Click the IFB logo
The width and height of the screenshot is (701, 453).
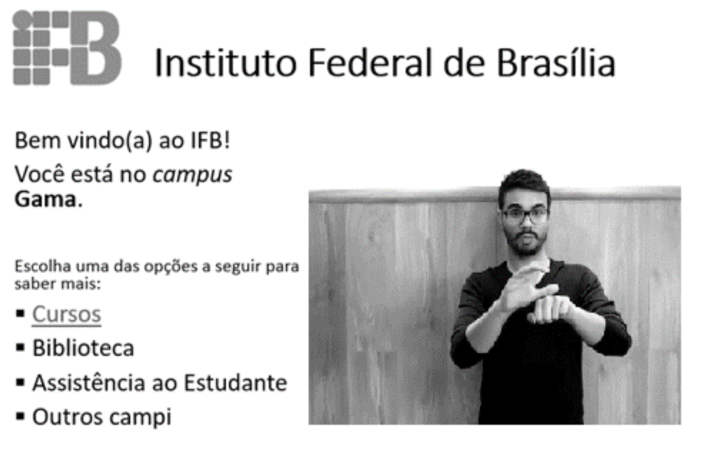67,48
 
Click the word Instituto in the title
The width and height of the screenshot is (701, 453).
225,62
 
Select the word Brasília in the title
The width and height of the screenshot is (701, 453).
556,62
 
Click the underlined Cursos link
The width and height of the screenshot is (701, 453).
67,314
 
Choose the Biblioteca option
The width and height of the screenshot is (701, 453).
83,348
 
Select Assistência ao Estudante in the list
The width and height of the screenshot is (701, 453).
159,382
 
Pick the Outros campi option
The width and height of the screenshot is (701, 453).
102,417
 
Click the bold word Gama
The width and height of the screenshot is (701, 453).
46,199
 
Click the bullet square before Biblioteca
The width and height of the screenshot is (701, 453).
20,348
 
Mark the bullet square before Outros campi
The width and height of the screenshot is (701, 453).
20,417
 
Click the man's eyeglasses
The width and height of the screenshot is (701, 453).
525,216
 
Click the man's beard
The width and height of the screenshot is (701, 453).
526,244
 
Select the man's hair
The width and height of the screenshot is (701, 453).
525,185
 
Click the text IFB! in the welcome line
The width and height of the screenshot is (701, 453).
211,141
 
